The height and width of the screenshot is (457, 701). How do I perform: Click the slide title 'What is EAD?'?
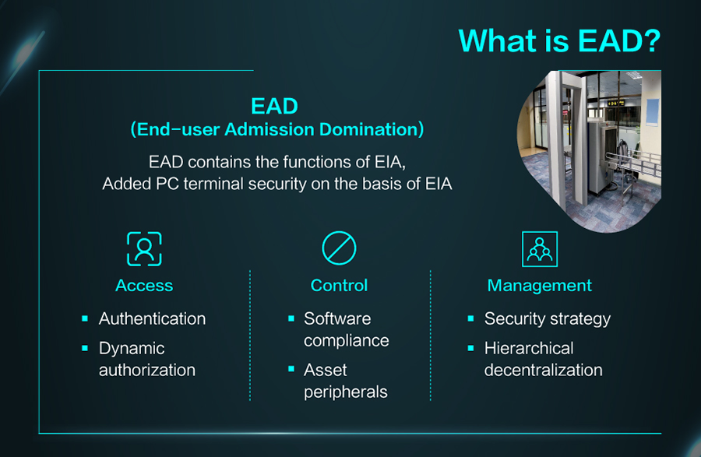[559, 40]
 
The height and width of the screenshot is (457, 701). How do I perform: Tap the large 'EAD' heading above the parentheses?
[274, 107]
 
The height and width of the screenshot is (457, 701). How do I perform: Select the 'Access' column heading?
[144, 286]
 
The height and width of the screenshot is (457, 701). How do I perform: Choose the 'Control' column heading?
[339, 286]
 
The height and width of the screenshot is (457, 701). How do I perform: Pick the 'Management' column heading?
[539, 286]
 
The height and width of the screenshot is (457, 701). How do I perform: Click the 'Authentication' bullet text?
[153, 318]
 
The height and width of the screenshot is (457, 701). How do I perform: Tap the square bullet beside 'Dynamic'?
[85, 348]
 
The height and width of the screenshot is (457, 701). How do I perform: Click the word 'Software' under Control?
[337, 318]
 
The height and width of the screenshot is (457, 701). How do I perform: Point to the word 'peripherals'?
[346, 392]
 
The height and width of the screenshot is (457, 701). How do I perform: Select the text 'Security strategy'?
[548, 319]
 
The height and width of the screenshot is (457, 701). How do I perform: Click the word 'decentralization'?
[543, 370]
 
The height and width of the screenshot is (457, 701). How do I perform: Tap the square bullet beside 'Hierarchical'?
[470, 348]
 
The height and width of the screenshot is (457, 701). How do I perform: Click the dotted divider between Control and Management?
[431, 335]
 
